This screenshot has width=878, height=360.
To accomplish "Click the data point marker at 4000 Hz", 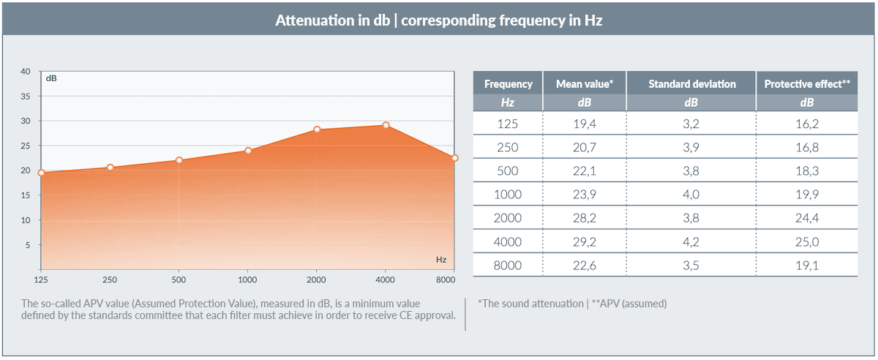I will point(386,125).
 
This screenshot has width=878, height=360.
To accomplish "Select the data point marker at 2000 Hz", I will point(317,130).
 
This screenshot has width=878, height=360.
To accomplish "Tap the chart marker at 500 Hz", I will point(179,160).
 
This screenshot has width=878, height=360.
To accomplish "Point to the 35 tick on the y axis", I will point(26,96).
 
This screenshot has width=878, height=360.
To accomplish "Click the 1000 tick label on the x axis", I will point(247,280).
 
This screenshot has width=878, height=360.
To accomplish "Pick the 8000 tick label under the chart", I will point(445,280).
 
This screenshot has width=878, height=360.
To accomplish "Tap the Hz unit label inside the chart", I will point(440,260).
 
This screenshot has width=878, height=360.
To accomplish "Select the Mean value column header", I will point(585,84).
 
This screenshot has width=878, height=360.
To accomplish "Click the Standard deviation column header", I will point(692,84).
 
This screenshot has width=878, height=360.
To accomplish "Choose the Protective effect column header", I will point(807,84).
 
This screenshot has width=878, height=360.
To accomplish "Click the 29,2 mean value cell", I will point(585,241).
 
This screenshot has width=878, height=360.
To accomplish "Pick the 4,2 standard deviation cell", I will point(692,241).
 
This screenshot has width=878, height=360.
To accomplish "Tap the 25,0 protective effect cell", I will point(808,241).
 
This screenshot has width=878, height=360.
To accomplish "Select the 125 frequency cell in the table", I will point(508,124).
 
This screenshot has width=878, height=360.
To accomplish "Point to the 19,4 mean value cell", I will point(585,124).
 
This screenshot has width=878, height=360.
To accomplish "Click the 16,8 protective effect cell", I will point(808,147).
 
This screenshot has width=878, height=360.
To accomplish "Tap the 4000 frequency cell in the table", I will point(508,241).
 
